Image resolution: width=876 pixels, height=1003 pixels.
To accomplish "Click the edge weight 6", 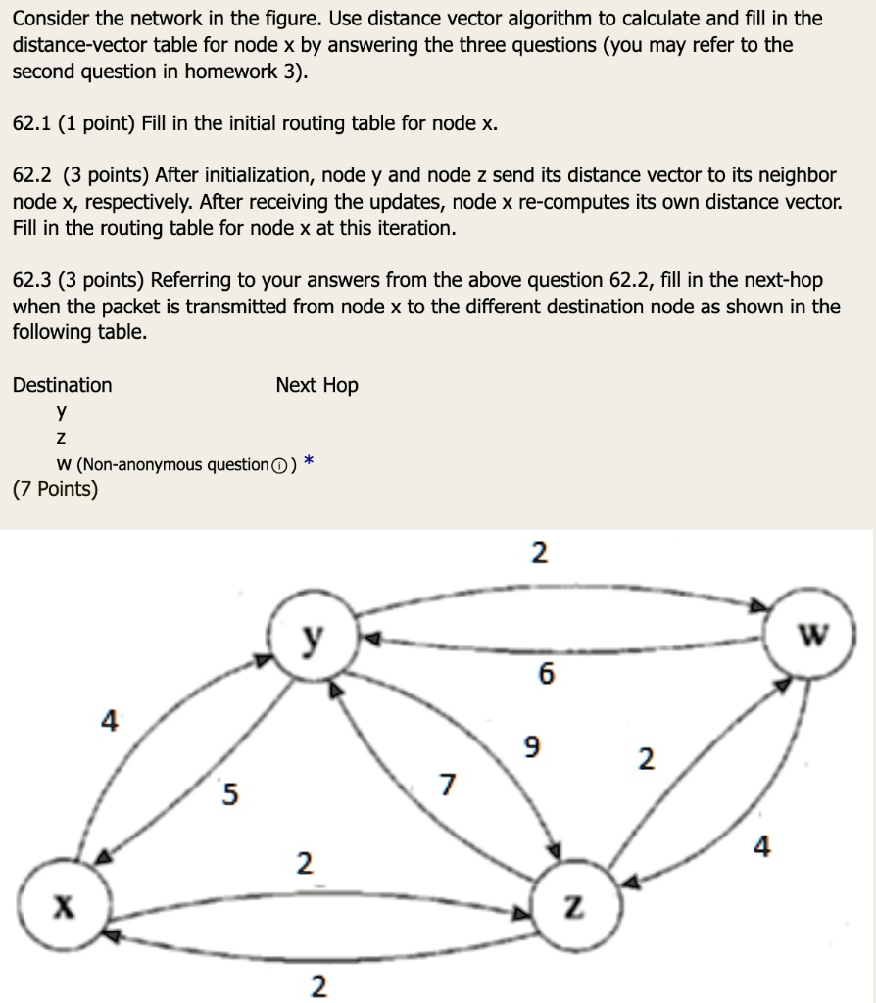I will (546, 675).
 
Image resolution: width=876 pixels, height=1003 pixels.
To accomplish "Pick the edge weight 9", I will (530, 748).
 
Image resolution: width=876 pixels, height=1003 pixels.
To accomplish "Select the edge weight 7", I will (448, 785).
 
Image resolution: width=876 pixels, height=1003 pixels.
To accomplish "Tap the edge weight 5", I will (229, 794).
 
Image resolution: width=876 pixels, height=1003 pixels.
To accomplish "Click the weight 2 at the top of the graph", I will (538, 553).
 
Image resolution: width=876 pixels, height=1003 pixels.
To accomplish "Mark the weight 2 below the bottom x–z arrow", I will (318, 986).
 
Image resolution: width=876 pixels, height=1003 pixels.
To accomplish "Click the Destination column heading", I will (62, 385).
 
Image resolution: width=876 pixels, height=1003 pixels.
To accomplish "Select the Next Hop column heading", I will (316, 385).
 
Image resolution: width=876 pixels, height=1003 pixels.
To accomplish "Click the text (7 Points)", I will (55, 489).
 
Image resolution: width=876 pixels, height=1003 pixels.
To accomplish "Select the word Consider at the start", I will (50, 19).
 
